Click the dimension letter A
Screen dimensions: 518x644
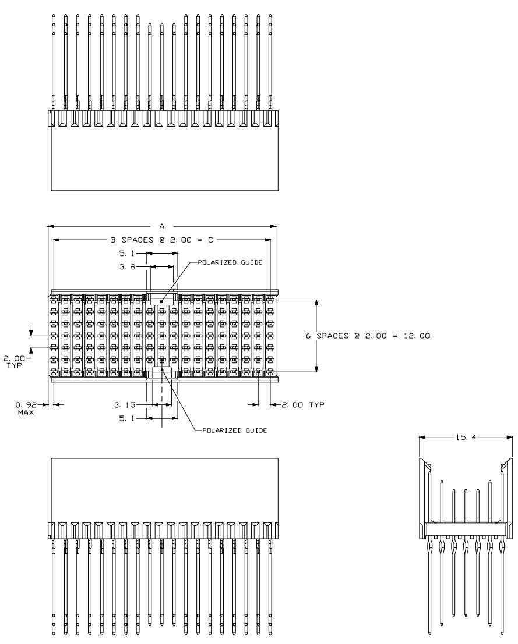(162, 226)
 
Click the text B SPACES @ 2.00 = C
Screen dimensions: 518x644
(162, 240)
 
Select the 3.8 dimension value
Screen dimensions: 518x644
(127, 267)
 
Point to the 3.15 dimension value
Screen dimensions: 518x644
(125, 405)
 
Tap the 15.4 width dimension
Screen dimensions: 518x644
(466, 437)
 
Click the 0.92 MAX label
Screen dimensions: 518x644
(26, 408)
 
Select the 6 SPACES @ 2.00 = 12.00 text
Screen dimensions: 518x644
(368, 336)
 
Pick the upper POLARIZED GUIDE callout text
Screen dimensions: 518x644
(230, 262)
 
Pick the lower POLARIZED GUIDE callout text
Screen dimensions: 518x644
(234, 430)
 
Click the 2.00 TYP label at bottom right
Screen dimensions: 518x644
(303, 405)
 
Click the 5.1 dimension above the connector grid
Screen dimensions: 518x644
(127, 254)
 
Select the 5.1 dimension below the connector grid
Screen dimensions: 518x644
(127, 418)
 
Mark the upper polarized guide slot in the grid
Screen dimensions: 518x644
(162, 299)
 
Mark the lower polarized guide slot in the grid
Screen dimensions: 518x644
(162, 372)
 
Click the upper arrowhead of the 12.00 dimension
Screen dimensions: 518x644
(316, 303)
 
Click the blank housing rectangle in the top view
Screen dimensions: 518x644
(164, 159)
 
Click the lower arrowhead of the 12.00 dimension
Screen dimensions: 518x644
(316, 368)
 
